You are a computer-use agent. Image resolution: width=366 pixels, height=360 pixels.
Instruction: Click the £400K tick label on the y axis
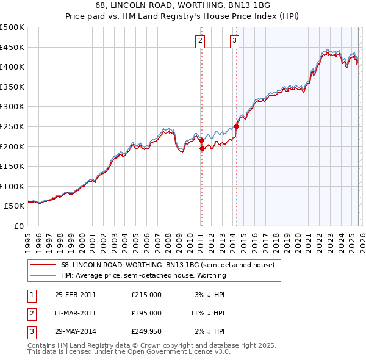(x=13, y=67)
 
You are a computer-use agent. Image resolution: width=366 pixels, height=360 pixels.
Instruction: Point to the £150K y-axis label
(x=13, y=166)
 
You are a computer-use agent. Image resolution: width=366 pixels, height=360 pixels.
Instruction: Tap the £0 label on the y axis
(x=18, y=226)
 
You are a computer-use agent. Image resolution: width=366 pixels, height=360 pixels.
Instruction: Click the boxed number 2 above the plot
(x=200, y=41)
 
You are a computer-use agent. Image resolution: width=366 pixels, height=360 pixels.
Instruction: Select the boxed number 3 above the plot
(x=234, y=41)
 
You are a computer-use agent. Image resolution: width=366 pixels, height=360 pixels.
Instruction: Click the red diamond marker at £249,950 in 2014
(x=236, y=127)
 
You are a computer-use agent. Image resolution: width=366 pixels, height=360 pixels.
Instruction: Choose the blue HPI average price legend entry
(x=143, y=275)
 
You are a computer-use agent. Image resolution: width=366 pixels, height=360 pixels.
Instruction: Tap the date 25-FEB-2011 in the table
(x=75, y=295)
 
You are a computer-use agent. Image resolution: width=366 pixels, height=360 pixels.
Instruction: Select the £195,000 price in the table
(x=146, y=313)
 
